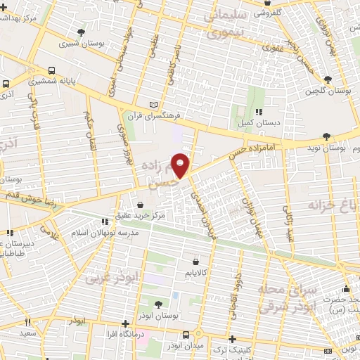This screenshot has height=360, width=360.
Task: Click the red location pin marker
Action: pos(182,165)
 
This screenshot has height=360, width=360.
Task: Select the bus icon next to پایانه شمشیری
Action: pos(53,71)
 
